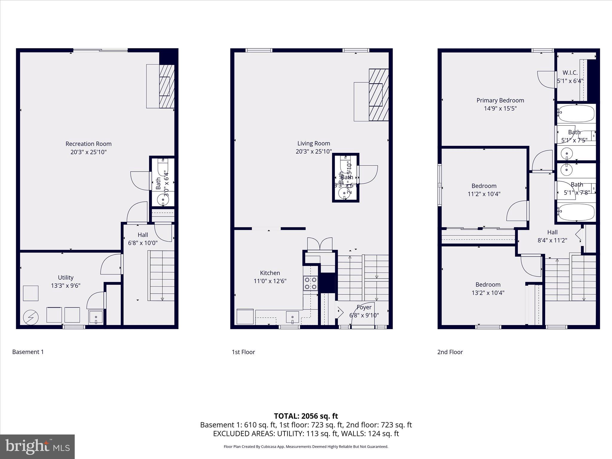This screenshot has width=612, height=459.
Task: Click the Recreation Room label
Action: [88, 144]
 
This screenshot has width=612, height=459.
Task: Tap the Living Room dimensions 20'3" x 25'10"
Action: [313, 152]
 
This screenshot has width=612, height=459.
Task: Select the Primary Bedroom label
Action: [500, 100]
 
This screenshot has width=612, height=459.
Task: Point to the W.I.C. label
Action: [570, 73]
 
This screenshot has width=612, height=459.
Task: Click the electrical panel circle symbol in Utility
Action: [31, 317]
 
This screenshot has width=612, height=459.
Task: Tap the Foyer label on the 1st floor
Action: [364, 307]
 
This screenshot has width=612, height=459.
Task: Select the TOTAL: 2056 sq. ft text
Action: [306, 416]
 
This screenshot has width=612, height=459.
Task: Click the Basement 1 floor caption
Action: [28, 352]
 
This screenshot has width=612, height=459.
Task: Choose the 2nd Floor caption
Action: [450, 352]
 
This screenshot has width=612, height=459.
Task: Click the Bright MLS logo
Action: [37, 447]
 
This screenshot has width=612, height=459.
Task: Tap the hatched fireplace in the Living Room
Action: [379, 95]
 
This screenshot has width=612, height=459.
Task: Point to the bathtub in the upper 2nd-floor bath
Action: [576, 114]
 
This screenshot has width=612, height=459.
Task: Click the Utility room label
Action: [65, 278]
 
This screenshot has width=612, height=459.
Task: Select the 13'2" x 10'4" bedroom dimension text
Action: [488, 293]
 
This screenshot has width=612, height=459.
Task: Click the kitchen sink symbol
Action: [292, 317]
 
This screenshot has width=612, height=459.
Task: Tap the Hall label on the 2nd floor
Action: [552, 232]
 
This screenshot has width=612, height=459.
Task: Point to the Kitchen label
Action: [270, 273]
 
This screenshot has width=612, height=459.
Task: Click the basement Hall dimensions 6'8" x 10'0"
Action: [143, 243]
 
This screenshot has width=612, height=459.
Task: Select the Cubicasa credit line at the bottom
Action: [306, 447]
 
